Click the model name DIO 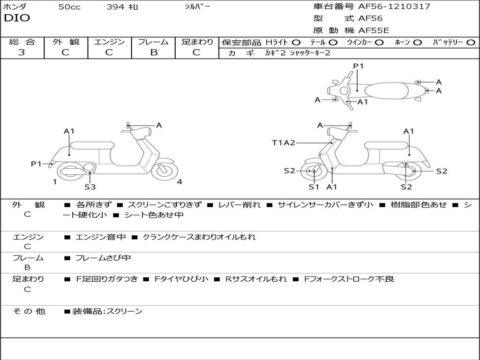(17, 18)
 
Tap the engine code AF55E (374, 30)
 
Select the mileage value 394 (116, 7)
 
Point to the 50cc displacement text (69, 7)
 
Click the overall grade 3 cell (22, 52)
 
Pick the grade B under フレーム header (153, 52)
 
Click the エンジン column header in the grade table (109, 42)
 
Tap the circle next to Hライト (296, 42)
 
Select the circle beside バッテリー (471, 42)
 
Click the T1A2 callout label (284, 142)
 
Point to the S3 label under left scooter (90, 187)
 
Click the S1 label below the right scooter (314, 187)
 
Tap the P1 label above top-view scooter (358, 66)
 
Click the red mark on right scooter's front (320, 155)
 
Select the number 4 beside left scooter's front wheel (180, 182)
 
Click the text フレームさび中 (103, 258)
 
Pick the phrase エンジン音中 (100, 237)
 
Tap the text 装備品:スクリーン (107, 311)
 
